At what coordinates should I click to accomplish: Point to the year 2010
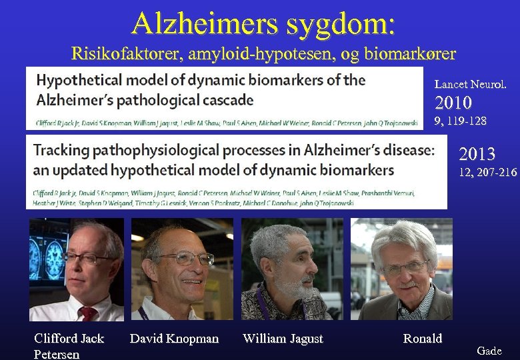[453, 103]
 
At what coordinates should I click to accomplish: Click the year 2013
[477, 155]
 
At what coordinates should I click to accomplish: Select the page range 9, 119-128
[460, 121]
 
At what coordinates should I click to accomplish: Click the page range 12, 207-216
[487, 173]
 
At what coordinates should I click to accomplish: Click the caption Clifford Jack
[69, 339]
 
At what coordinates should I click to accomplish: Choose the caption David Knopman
[174, 339]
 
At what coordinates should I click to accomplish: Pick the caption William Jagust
[283, 339]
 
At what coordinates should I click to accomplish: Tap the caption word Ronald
[422, 339]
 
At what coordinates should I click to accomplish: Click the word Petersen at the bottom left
[57, 354]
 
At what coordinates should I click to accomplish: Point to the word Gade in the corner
[489, 351]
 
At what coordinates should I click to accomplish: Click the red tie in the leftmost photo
[87, 313]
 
